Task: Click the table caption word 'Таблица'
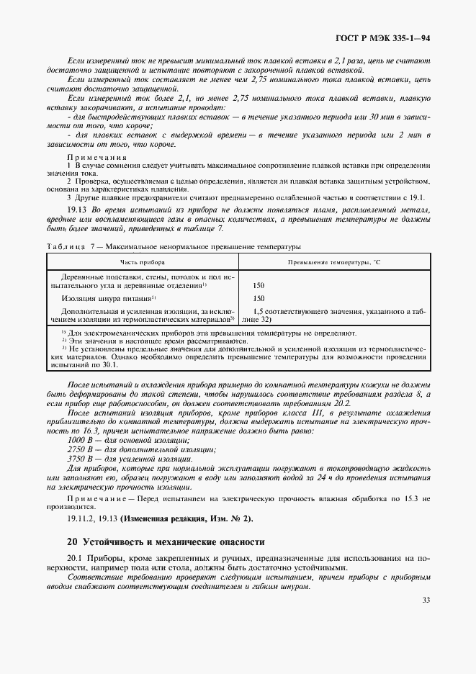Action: pyautogui.click(x=66, y=246)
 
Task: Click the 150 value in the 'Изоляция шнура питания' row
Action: pyautogui.click(x=259, y=298)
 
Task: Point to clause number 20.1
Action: pyautogui.click(x=75, y=559)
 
